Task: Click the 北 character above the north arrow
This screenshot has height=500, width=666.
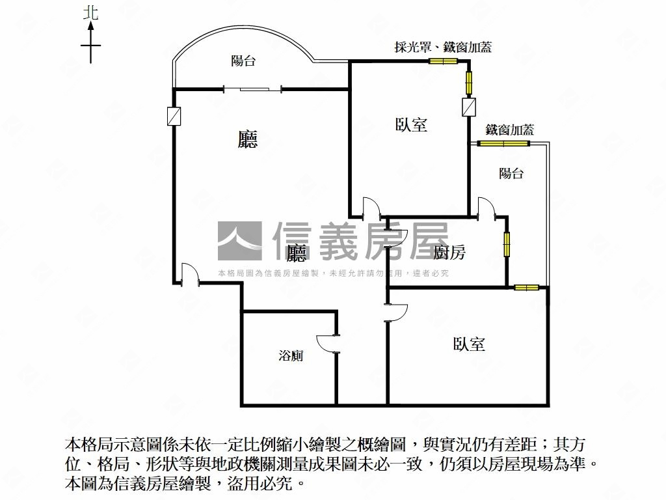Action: click(x=90, y=12)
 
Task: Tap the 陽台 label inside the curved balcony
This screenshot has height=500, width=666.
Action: click(x=243, y=61)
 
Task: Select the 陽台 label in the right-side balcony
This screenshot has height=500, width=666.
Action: click(x=511, y=173)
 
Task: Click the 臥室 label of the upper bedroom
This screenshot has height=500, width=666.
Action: click(x=411, y=124)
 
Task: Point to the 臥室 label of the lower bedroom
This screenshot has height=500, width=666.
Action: click(x=469, y=344)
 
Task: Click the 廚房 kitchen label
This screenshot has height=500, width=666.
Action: click(x=449, y=252)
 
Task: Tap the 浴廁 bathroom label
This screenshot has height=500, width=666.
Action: click(x=291, y=355)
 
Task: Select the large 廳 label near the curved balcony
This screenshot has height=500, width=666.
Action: click(x=248, y=139)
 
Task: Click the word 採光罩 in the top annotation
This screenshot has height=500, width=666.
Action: click(x=412, y=47)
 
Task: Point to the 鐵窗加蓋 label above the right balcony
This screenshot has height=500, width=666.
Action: click(x=510, y=130)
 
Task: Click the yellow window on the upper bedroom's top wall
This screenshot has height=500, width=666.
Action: click(x=442, y=61)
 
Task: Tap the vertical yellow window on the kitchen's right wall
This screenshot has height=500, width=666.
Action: click(x=506, y=244)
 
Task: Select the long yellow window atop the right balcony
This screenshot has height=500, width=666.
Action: click(x=504, y=143)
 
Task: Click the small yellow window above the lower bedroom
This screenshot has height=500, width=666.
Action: click(x=527, y=288)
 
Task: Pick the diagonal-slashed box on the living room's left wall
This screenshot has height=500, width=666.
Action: click(x=174, y=116)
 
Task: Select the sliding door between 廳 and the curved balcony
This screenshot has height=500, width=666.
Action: click(x=253, y=89)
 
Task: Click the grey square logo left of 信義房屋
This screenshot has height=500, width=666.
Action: click(x=239, y=241)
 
